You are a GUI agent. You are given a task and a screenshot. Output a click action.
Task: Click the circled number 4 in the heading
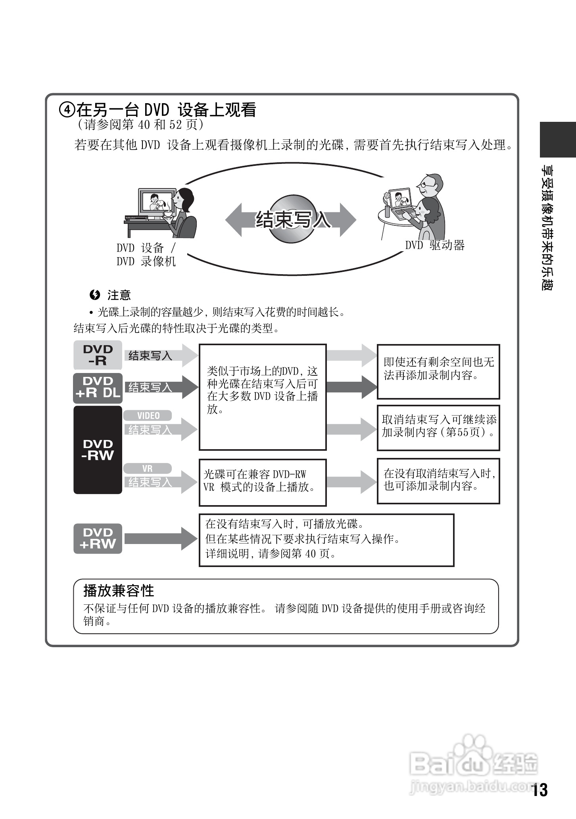67,110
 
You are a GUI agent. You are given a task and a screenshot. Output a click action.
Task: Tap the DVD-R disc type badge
98,355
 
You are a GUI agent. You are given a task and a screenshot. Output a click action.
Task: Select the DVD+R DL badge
98,387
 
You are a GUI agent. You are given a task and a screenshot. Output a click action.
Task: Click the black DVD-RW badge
98,450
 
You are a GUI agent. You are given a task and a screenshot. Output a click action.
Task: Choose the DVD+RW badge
98,538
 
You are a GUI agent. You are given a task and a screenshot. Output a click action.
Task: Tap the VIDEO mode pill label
148,415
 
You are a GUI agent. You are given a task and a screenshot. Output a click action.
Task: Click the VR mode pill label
148,469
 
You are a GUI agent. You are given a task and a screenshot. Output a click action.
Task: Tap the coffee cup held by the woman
169,213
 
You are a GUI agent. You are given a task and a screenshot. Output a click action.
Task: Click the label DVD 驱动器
435,245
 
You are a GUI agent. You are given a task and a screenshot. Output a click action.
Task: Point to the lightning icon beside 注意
94,295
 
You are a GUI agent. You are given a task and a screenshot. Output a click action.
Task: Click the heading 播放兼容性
119,591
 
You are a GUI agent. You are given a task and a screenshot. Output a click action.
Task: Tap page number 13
540,790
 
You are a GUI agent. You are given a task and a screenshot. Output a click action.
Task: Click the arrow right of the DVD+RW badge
161,538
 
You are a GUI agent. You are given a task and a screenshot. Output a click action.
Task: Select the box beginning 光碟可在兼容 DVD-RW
262,483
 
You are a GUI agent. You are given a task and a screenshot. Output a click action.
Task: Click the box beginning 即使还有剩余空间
438,371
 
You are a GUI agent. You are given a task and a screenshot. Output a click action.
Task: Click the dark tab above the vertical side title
557,140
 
